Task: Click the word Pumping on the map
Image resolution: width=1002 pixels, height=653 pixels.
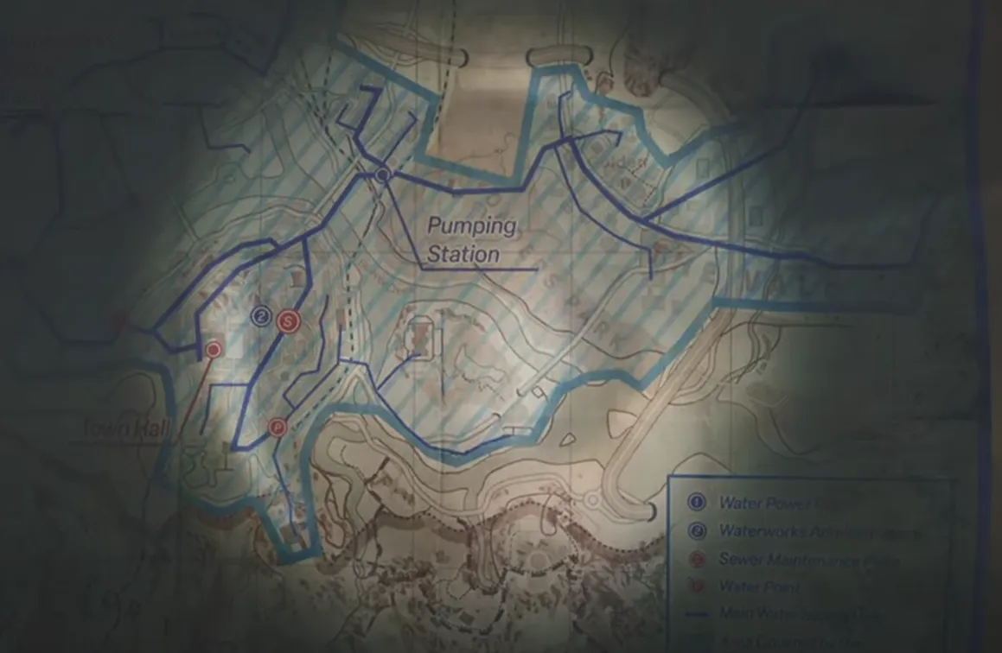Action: point(473,228)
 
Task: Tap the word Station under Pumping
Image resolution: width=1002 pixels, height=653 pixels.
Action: point(463,255)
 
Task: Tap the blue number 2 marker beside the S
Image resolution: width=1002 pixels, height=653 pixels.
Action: point(261,317)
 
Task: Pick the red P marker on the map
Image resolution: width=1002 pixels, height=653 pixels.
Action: point(277,426)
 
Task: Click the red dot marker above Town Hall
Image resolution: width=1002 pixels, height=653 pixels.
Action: point(213,350)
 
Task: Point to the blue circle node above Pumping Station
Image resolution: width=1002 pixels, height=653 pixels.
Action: point(384,176)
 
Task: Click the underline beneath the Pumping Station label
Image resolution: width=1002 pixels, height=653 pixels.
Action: point(480,269)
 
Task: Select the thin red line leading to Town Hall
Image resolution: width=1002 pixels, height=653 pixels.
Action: point(194,397)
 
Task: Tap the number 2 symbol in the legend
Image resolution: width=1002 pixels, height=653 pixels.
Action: point(697,530)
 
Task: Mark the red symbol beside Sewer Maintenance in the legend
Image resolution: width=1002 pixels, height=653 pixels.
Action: point(697,559)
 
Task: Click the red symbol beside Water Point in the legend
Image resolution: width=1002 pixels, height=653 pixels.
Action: point(697,587)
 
